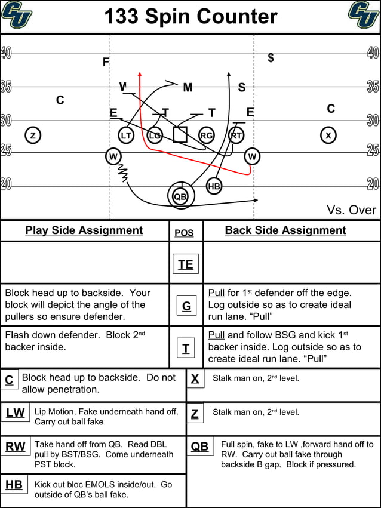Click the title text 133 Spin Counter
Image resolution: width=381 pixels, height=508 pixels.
pos(190,17)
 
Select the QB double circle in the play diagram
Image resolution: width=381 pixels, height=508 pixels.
pos(180,196)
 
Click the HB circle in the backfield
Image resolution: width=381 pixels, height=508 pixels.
pos(214,186)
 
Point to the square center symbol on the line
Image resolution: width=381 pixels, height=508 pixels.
pos(180,134)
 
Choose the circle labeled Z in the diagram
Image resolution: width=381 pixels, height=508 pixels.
pos(33,136)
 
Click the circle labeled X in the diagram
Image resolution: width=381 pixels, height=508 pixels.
pos(328,136)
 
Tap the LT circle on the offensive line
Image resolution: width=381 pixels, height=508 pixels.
pos(126,136)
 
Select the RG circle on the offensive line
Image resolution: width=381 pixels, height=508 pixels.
pos(206,136)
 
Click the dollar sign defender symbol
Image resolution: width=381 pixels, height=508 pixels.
pos(271,58)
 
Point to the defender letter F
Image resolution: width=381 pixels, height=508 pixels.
pos(106,62)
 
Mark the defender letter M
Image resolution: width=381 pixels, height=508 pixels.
pos(188,88)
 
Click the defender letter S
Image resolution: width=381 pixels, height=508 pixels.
pos(241,88)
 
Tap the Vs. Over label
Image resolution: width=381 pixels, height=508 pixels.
pos(351,210)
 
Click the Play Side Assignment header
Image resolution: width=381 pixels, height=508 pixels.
pos(84,230)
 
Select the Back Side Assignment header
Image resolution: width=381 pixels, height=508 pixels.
pos(285,230)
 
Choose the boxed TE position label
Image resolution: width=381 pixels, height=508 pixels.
pos(186,264)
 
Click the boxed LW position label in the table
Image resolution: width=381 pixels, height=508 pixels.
pos(15,412)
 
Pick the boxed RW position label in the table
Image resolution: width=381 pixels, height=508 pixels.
pos(15,447)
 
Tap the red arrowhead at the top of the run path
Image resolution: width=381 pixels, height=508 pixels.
pos(140,75)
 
